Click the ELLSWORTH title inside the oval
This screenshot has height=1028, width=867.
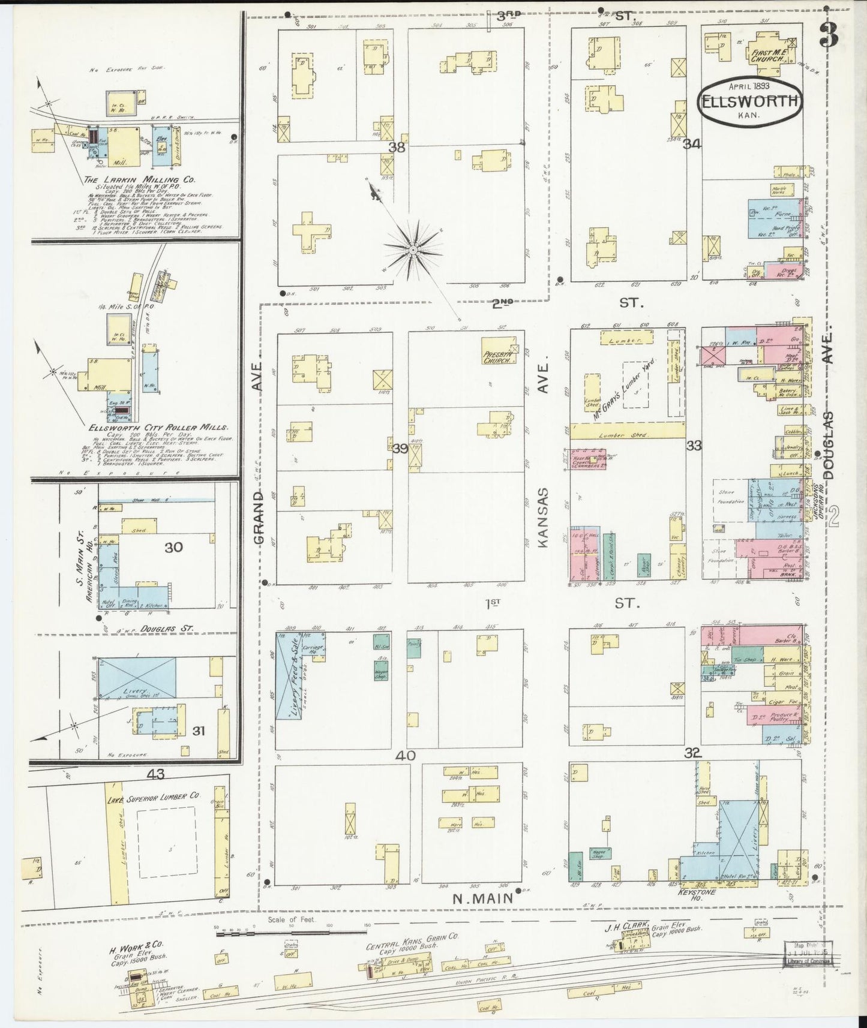point(749,101)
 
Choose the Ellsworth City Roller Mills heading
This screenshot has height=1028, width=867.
point(158,428)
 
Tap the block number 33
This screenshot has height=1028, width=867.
point(694,446)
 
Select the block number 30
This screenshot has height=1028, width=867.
point(173,547)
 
